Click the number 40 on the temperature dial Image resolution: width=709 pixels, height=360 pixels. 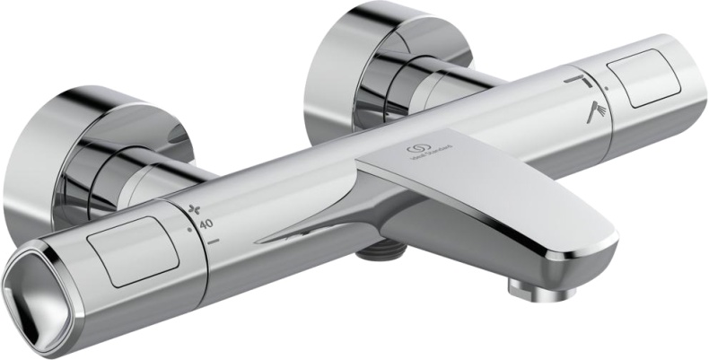206,224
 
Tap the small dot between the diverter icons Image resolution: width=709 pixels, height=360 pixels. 607,89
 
